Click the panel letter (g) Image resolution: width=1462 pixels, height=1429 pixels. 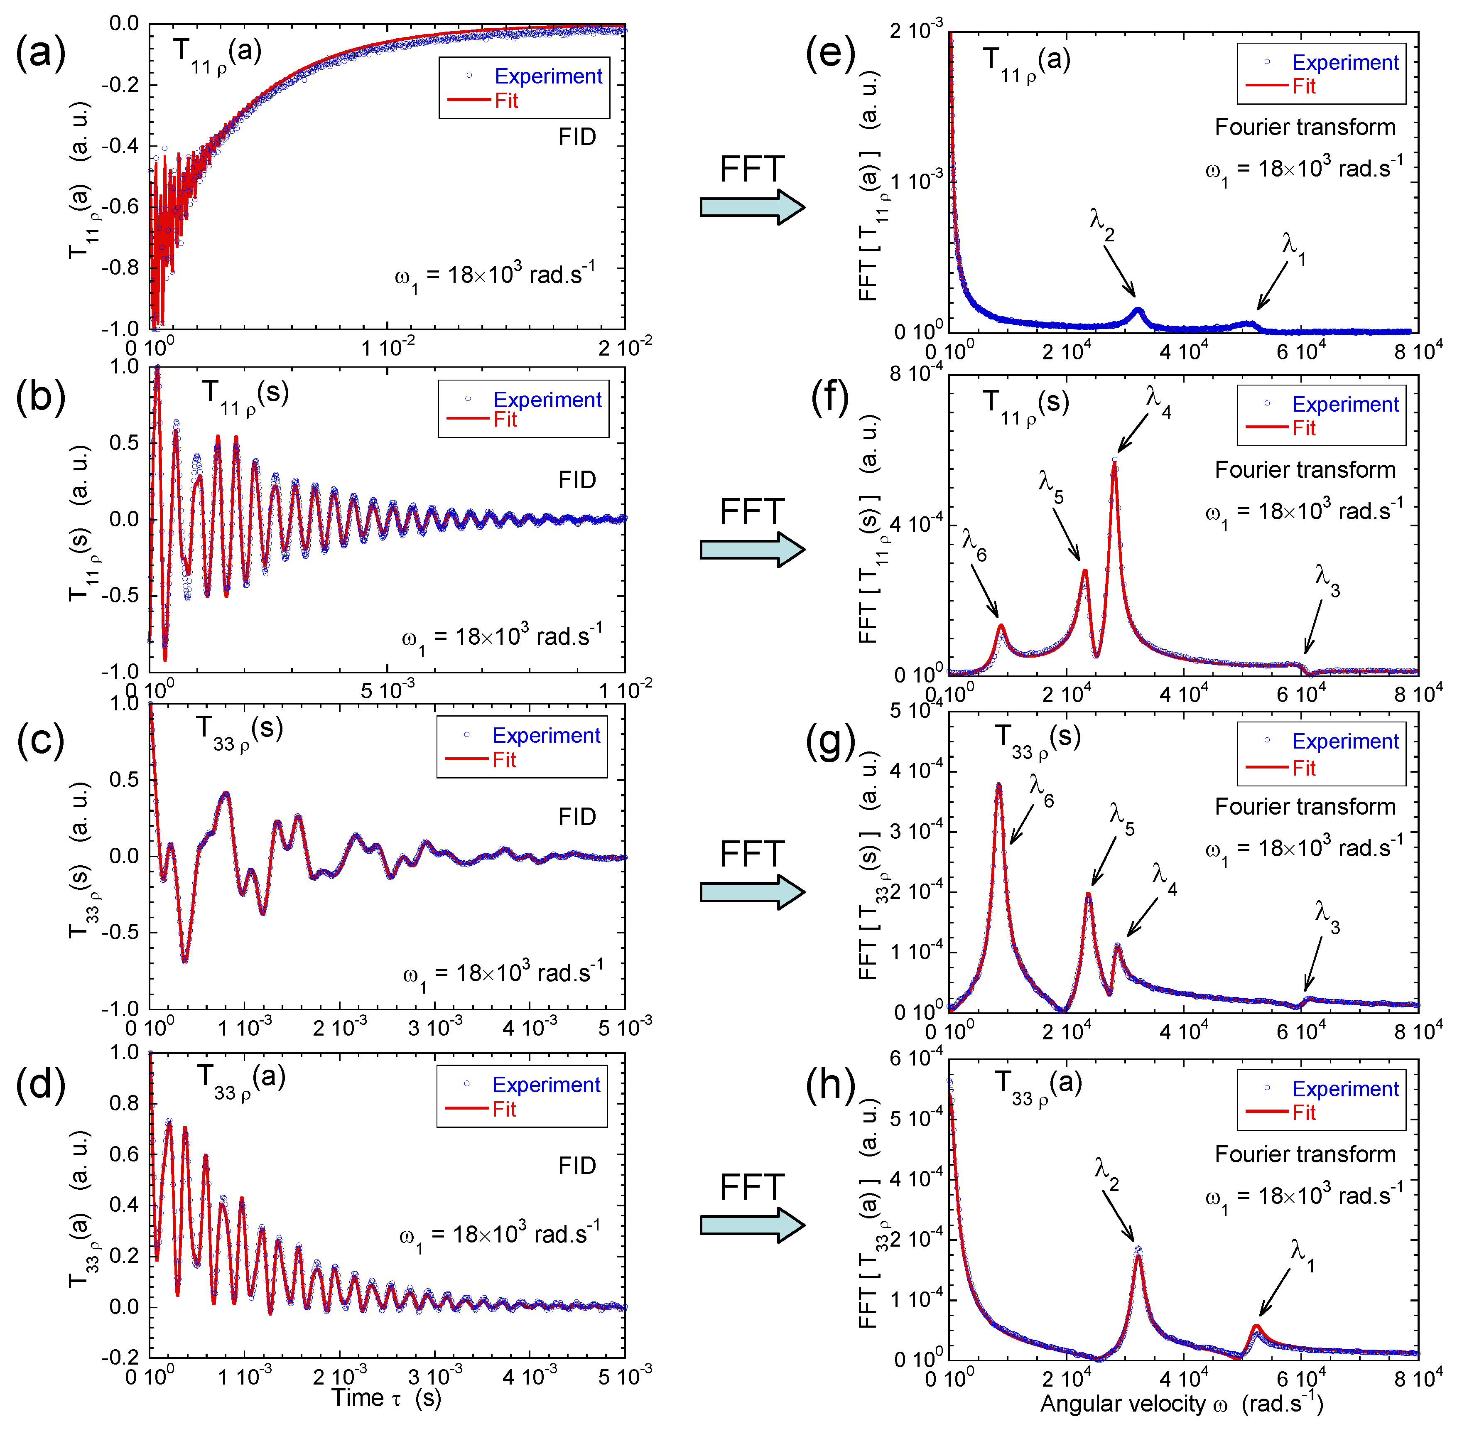pos(830,743)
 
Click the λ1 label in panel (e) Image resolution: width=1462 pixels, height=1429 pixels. pos(1293,248)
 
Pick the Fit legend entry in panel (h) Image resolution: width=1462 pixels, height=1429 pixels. pos(1304,1112)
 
